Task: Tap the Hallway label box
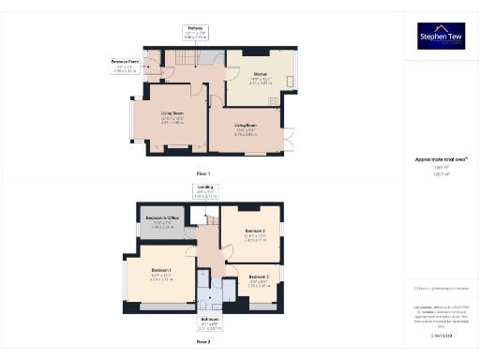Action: pos(196,35)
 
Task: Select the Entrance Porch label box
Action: pos(126,67)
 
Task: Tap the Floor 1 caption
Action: pos(202,174)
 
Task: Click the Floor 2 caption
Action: pos(202,343)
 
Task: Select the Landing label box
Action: pos(205,192)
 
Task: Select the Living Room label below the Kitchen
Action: pos(247,127)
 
